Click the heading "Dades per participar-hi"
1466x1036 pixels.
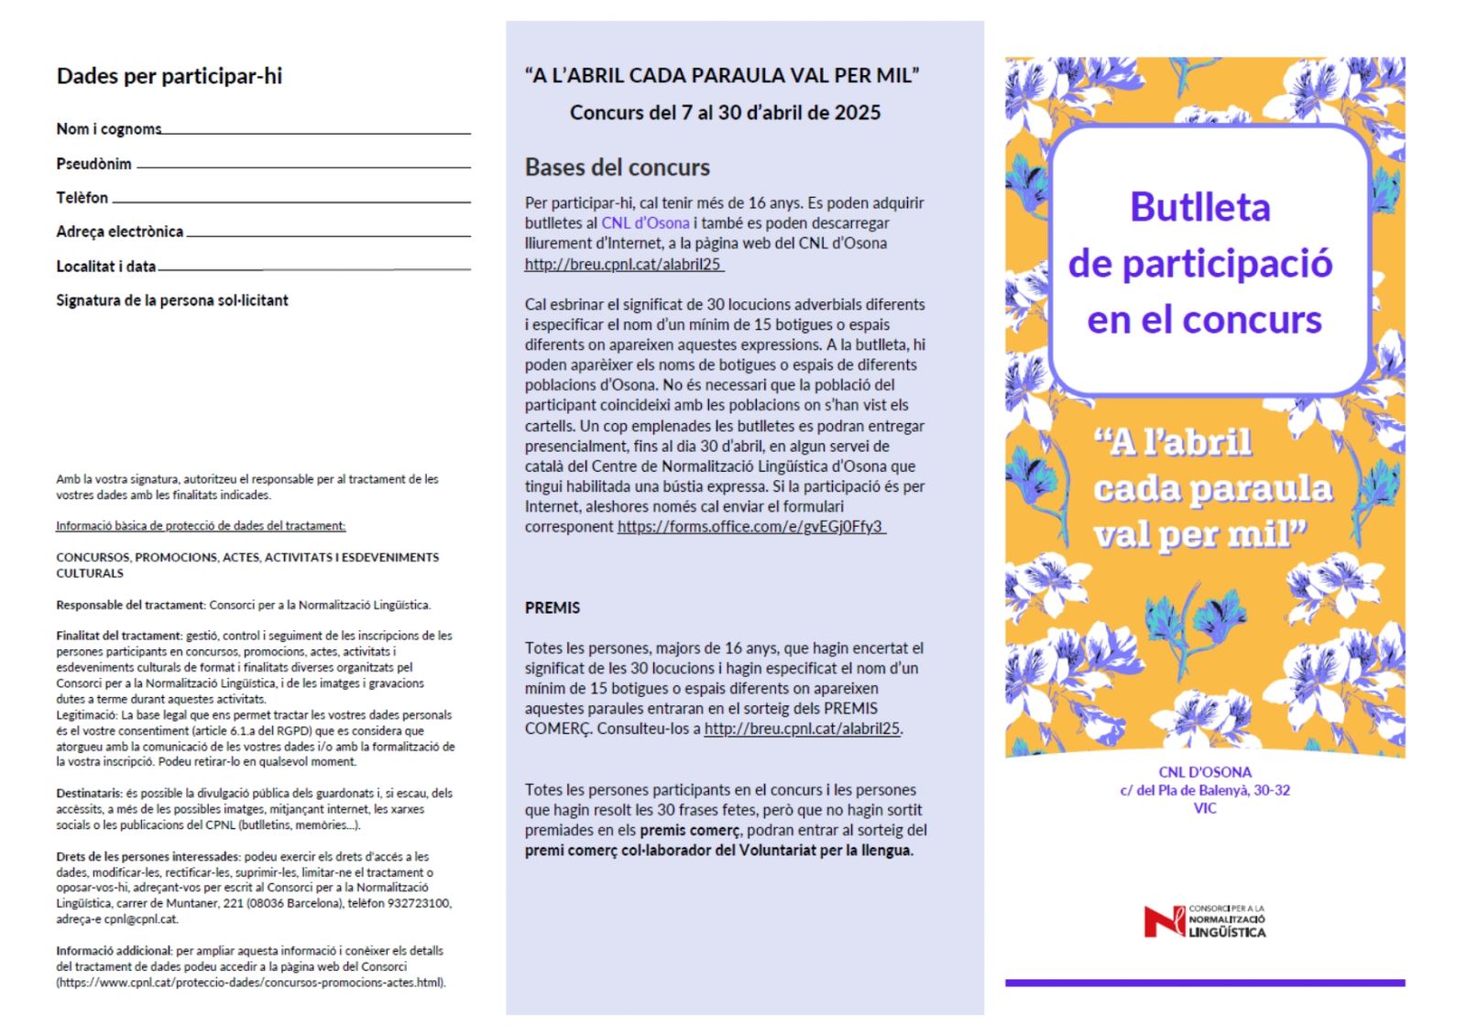[x=170, y=76]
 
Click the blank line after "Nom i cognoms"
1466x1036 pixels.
[x=316, y=133]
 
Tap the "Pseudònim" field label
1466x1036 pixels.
[x=93, y=164]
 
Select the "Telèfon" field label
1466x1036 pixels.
[x=82, y=198]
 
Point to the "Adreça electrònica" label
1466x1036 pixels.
[x=119, y=232]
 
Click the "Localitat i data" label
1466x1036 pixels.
[x=105, y=267]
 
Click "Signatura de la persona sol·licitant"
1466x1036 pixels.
[x=172, y=300]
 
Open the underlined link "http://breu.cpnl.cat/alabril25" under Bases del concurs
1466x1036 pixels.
[x=623, y=265]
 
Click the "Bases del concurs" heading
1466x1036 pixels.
[x=617, y=168]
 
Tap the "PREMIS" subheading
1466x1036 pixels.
[x=552, y=607]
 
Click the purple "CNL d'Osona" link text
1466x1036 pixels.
[x=645, y=223]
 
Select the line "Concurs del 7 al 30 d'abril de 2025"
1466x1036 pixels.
[x=725, y=113]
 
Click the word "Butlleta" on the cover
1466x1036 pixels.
[x=1199, y=207]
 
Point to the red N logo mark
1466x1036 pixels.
[x=1163, y=921]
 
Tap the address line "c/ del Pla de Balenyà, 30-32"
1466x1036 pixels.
[x=1204, y=791]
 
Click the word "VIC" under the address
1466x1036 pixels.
[x=1205, y=808]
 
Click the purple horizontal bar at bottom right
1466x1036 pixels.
[x=1204, y=983]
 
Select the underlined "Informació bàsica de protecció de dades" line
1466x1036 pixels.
[x=201, y=526]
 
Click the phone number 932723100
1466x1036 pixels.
[x=421, y=903]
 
